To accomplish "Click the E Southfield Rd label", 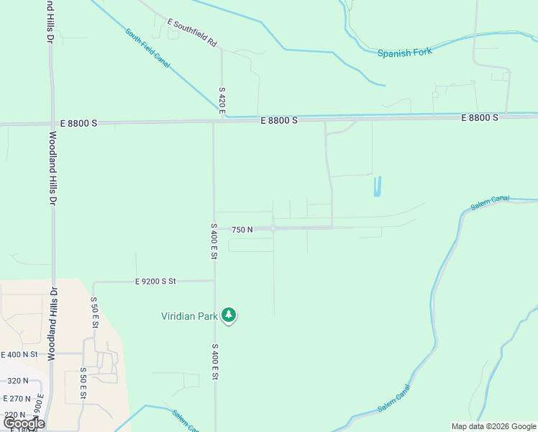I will (x=192, y=33).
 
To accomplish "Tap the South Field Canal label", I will (x=147, y=48).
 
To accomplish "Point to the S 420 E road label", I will (x=222, y=102).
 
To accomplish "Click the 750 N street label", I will (x=242, y=230).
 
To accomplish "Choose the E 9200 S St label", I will (x=155, y=282).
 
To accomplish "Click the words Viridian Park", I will (x=190, y=315).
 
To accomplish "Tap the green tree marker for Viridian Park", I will (x=229, y=315).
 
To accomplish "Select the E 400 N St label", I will (x=20, y=354).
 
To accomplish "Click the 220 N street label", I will (x=14, y=415).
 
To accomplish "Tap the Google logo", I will (x=24, y=423).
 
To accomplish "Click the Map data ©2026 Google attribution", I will (x=493, y=426).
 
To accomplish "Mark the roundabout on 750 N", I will (x=273, y=229).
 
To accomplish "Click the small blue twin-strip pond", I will (x=377, y=186).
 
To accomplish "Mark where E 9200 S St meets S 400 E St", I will (x=214, y=280).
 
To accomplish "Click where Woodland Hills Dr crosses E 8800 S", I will (x=52, y=124).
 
